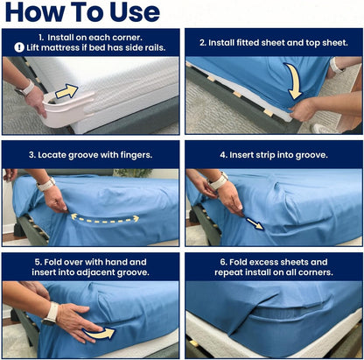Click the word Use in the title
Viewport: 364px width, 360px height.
click(130, 13)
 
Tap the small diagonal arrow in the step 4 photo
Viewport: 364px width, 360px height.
click(255, 224)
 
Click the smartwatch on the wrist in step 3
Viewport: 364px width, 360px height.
click(46, 184)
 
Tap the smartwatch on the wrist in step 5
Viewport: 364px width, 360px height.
click(52, 312)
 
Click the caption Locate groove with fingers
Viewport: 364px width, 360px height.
click(90, 154)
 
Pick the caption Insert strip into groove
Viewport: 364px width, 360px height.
click(272, 154)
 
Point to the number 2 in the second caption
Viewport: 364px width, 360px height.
click(203, 41)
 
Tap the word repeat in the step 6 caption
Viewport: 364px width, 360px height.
click(231, 272)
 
